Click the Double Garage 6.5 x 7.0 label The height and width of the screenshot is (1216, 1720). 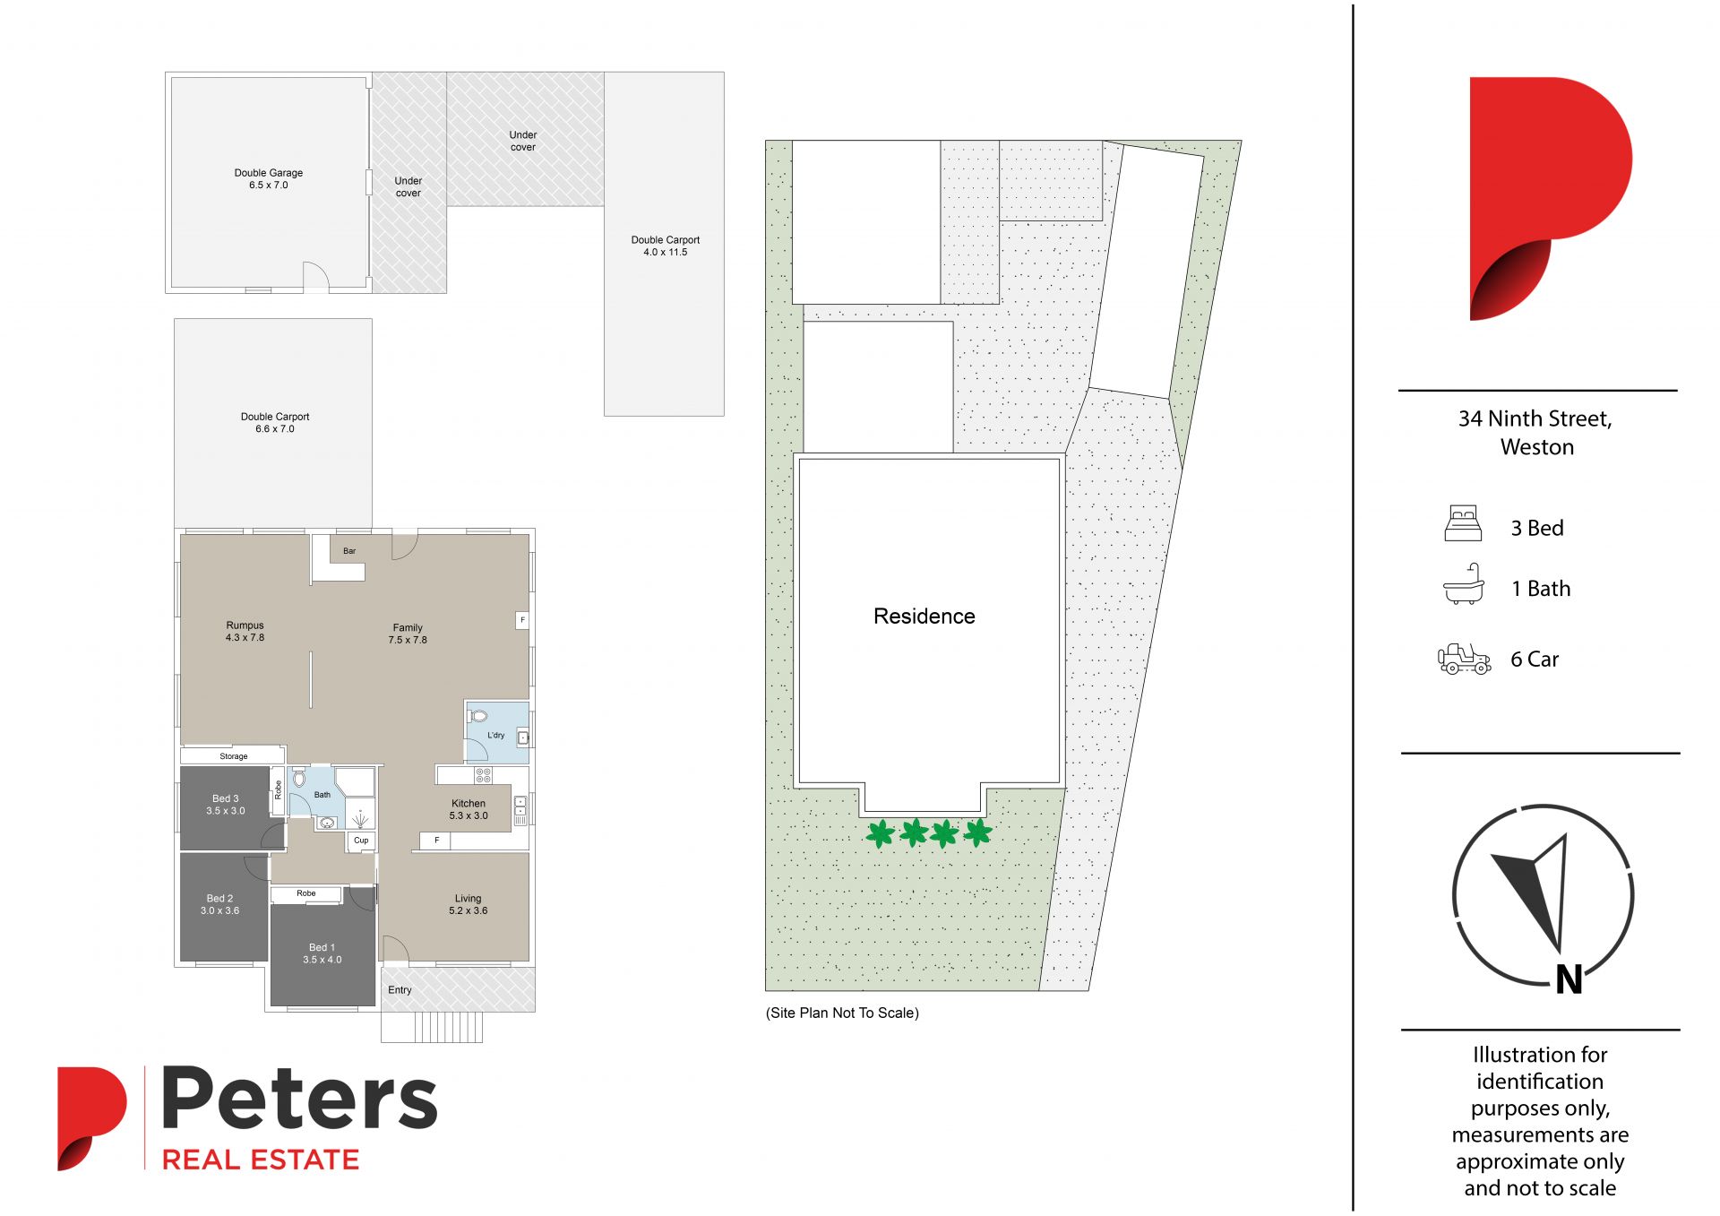coord(269,179)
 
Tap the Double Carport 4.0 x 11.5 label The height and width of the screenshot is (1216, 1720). coord(666,246)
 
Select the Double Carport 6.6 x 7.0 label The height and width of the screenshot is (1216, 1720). coord(275,423)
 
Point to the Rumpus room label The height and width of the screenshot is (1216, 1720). coord(245,632)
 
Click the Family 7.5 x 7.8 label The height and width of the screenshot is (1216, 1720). coord(408,634)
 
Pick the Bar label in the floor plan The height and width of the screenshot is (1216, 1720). coord(349,551)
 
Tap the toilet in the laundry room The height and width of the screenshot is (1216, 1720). coord(477,716)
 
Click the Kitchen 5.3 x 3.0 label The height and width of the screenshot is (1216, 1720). coord(469,810)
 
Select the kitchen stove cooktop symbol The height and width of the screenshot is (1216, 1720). coord(483,775)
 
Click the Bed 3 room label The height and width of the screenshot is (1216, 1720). coord(225,805)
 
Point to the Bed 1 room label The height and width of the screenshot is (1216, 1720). coord(322,953)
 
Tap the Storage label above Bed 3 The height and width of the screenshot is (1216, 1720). coord(234,757)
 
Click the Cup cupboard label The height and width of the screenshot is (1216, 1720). coord(361,841)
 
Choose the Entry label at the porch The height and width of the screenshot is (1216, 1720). coord(400,990)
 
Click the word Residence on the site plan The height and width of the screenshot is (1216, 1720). coord(924,617)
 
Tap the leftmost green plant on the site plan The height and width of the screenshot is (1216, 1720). coord(881,834)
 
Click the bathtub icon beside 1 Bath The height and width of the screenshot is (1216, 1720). coord(1464,584)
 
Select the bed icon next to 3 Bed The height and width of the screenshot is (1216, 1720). coord(1464,524)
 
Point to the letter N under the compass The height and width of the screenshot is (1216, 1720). coord(1569,980)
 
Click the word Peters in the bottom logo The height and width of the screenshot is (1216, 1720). coord(299,1099)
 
